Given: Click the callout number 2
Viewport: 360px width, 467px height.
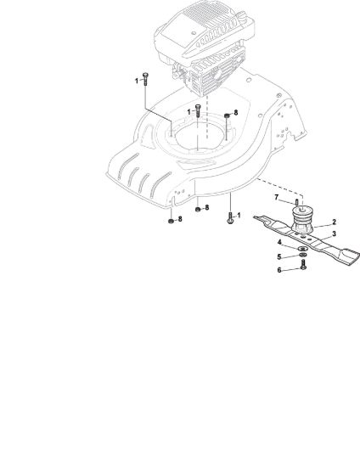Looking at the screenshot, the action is click(x=334, y=222).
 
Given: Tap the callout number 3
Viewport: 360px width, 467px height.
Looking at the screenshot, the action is click(x=334, y=233).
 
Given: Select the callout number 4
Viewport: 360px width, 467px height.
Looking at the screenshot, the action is click(x=279, y=242).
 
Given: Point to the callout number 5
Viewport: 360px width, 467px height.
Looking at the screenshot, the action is click(x=279, y=256).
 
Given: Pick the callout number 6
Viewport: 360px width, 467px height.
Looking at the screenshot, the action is click(x=279, y=270).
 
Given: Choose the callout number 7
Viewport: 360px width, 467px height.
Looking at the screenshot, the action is click(x=276, y=198).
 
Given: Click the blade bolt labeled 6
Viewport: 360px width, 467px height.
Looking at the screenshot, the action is click(x=303, y=265).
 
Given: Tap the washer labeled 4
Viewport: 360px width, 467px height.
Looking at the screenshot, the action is click(x=302, y=249).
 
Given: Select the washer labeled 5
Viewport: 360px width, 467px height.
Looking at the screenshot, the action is click(x=303, y=256).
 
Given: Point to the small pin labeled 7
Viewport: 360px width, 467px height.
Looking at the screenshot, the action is click(x=297, y=202).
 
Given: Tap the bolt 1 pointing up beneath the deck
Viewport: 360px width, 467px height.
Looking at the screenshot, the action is click(x=230, y=217).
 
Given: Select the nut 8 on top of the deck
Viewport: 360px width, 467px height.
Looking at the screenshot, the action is click(x=227, y=115).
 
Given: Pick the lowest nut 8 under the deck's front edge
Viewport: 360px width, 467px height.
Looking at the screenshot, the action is click(x=171, y=221).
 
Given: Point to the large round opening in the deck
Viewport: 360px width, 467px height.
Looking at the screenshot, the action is click(x=200, y=137).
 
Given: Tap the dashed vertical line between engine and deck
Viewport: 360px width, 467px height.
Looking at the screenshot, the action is click(x=207, y=117).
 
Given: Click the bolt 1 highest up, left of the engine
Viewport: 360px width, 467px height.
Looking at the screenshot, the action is click(x=145, y=79).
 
